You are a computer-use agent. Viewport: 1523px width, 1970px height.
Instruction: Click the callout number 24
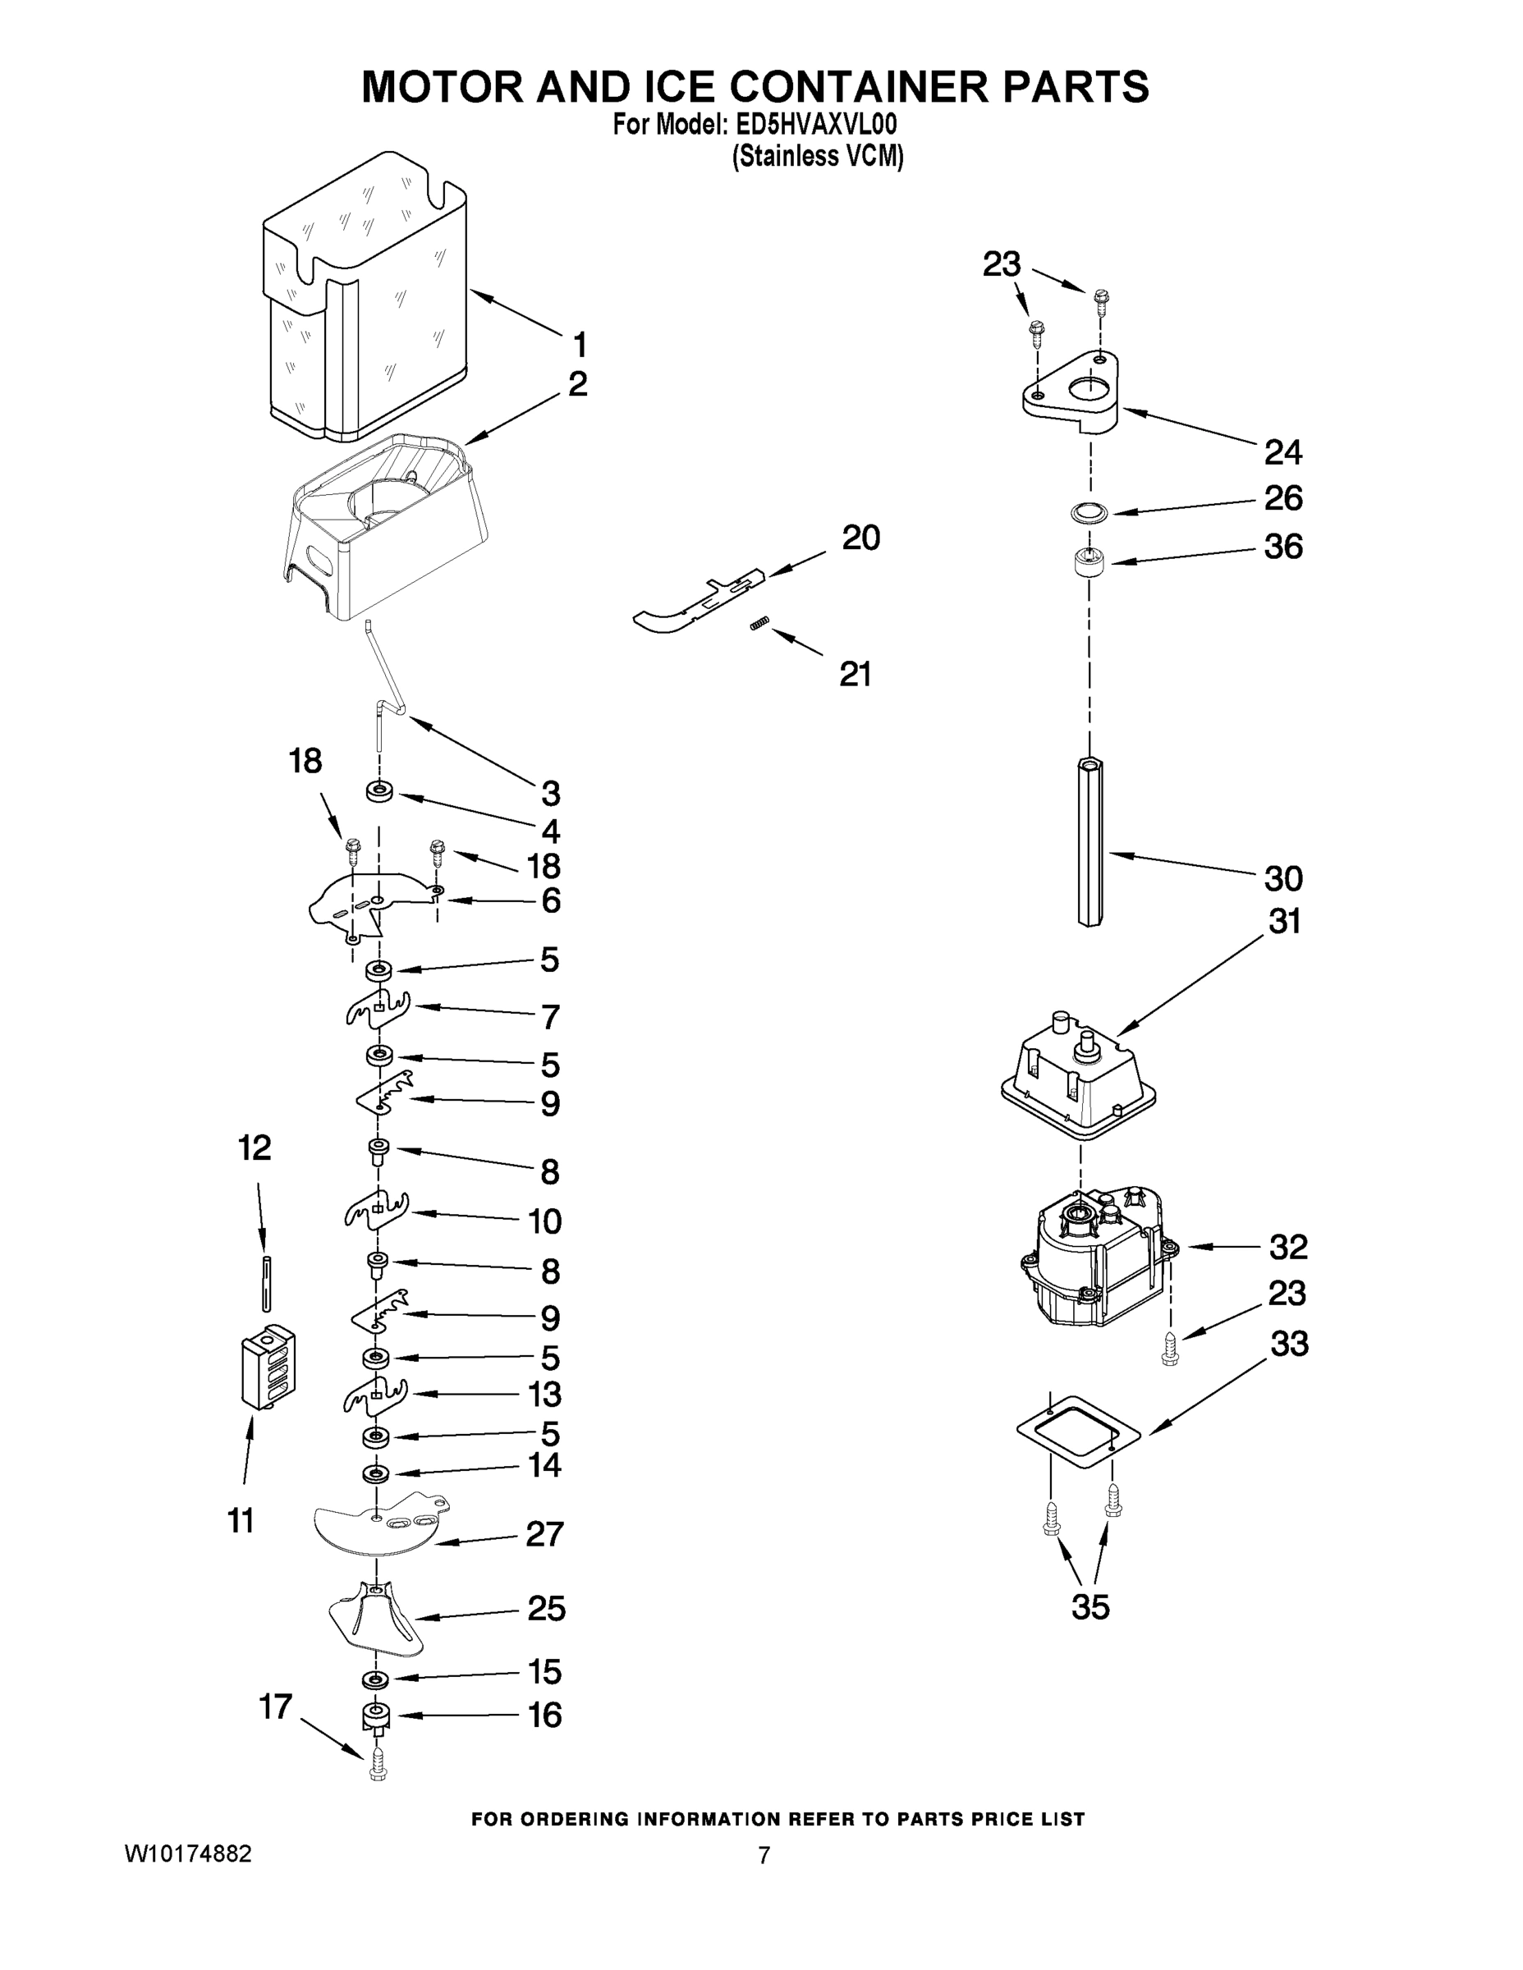click(x=1282, y=453)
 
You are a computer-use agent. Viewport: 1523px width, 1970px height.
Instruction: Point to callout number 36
click(x=1283, y=547)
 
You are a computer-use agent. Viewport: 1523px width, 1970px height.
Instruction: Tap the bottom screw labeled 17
click(x=378, y=1766)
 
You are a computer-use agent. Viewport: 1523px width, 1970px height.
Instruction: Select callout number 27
click(x=545, y=1533)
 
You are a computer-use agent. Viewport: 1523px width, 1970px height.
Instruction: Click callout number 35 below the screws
click(x=1090, y=1606)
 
